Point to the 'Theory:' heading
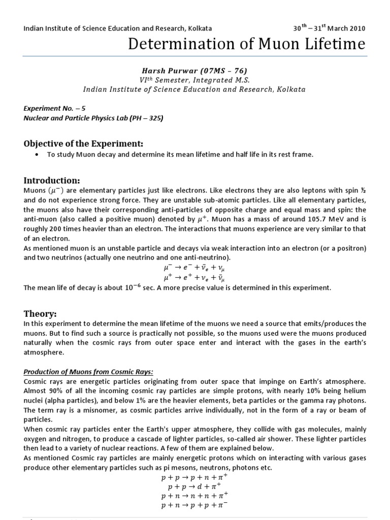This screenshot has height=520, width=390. (x=41, y=313)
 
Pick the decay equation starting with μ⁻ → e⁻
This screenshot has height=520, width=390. (x=195, y=268)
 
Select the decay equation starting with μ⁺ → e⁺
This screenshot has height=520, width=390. (x=195, y=278)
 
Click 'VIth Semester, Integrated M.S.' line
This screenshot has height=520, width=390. (x=194, y=80)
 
